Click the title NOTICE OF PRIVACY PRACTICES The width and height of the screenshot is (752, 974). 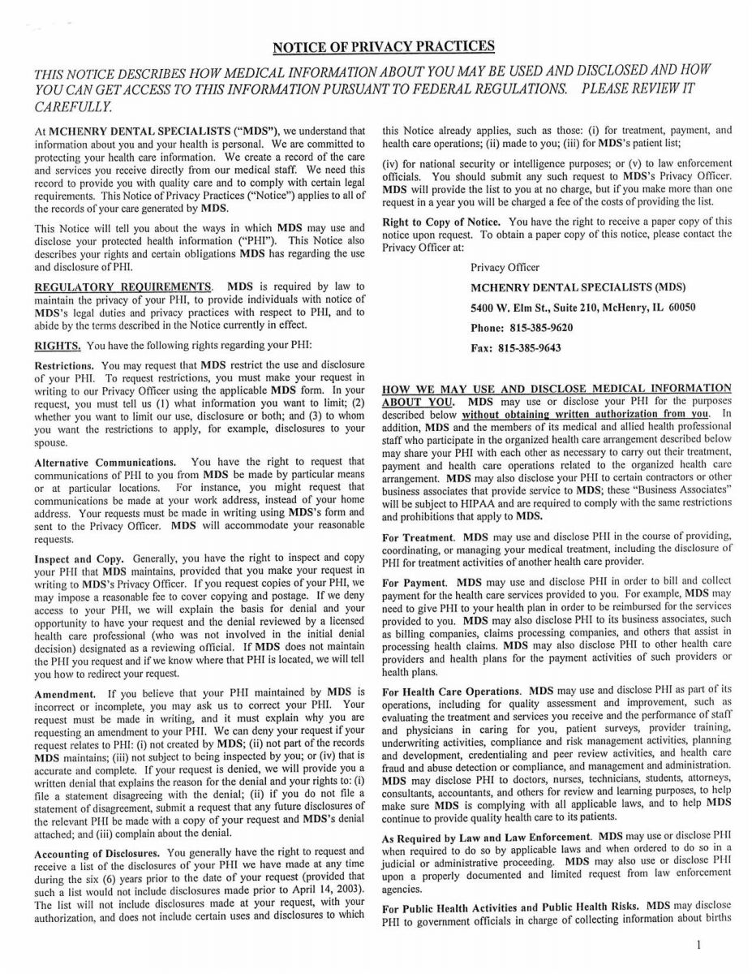(x=383, y=46)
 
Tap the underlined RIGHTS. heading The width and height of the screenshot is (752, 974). (x=58, y=344)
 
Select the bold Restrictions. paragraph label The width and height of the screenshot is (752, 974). (x=65, y=365)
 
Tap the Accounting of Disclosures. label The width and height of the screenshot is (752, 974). (x=98, y=852)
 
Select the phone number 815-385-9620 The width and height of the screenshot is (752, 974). (x=537, y=328)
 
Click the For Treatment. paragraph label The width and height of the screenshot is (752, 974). (x=418, y=537)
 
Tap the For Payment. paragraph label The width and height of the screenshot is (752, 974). (x=415, y=583)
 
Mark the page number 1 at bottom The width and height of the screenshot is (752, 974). (x=698, y=945)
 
